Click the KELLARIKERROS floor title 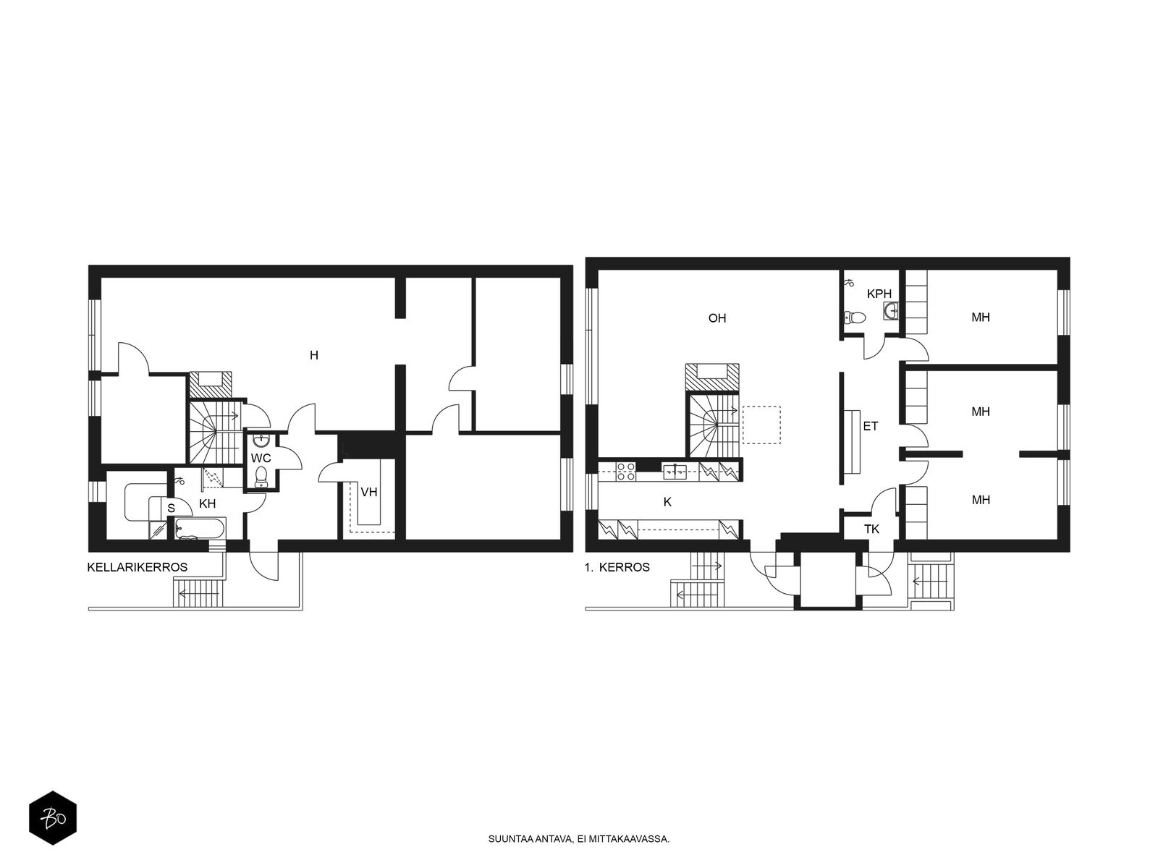click(x=138, y=567)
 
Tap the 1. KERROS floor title click(x=617, y=567)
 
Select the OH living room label click(x=717, y=318)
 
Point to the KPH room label click(x=879, y=294)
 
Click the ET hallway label click(x=870, y=426)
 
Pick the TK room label click(x=871, y=529)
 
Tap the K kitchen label click(x=667, y=502)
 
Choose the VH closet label click(x=369, y=492)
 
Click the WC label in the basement click(x=261, y=457)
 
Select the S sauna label click(x=171, y=509)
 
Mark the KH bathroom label click(x=207, y=503)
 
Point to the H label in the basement click(x=314, y=355)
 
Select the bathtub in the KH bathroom click(x=200, y=529)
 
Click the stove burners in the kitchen click(x=626, y=471)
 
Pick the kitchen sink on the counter click(x=675, y=472)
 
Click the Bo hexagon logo click(x=53, y=818)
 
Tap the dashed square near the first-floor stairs click(x=761, y=425)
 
